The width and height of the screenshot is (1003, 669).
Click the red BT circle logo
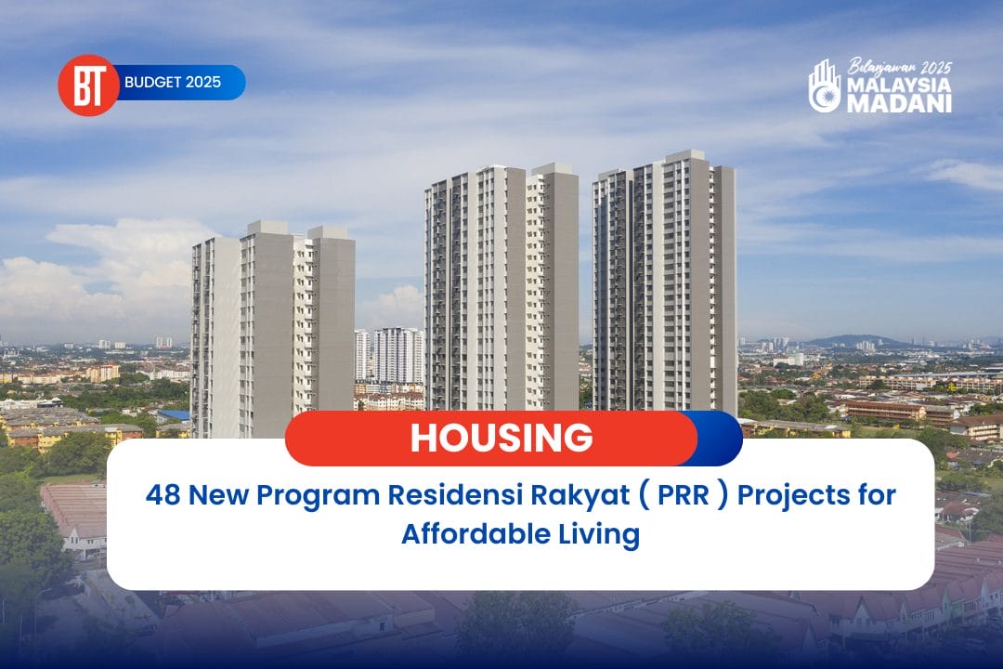(88, 85)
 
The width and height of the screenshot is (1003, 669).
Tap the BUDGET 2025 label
(173, 83)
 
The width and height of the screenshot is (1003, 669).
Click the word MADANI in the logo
(899, 103)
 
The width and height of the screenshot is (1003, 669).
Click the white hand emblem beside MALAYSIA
(824, 86)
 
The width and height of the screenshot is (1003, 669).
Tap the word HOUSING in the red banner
(501, 439)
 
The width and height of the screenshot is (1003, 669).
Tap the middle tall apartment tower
(501, 288)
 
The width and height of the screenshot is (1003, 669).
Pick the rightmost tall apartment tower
(664, 279)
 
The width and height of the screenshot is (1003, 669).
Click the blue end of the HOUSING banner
(721, 439)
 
